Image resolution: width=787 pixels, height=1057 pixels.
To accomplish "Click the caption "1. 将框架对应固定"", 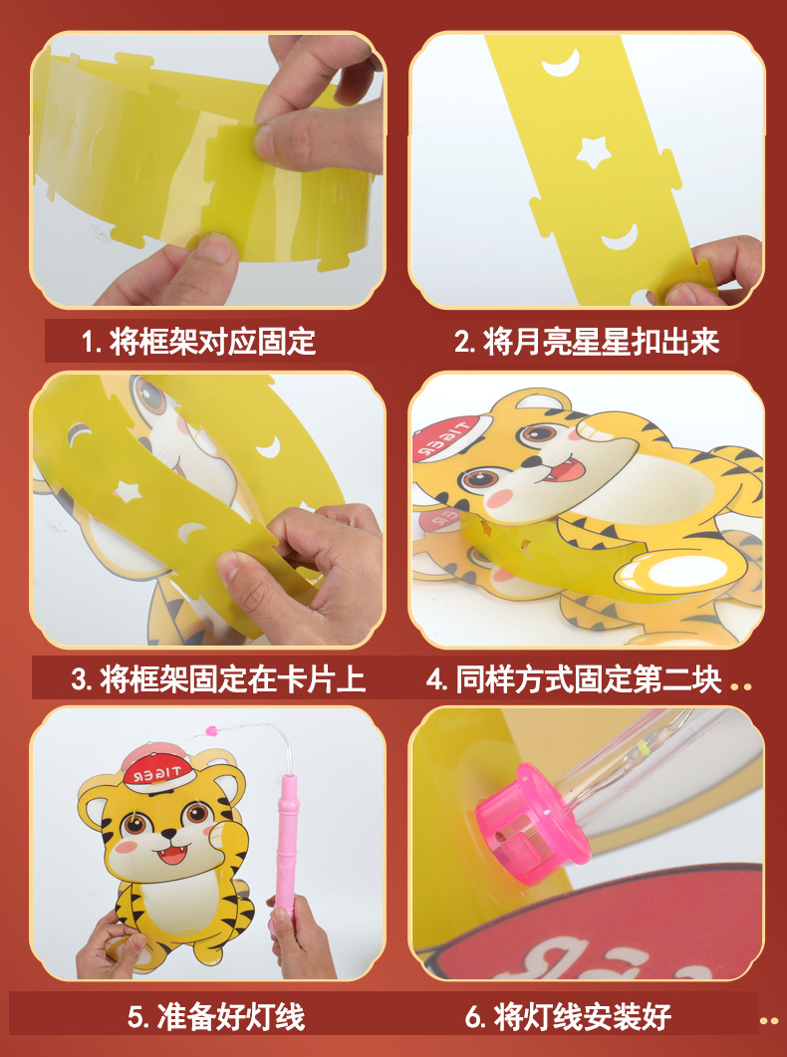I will [x=198, y=343].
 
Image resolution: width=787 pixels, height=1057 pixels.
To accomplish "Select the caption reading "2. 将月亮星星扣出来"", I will [x=587, y=343].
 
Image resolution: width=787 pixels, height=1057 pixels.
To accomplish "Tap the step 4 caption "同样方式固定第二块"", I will [x=588, y=679].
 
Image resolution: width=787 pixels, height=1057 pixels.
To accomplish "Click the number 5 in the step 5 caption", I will [x=136, y=1017].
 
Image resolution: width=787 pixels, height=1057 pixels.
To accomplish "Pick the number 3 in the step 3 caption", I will [x=81, y=680].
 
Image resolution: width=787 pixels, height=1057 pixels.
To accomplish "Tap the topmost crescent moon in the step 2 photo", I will [x=560, y=66].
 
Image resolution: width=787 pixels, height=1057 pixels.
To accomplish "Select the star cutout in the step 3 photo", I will [x=127, y=489].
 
